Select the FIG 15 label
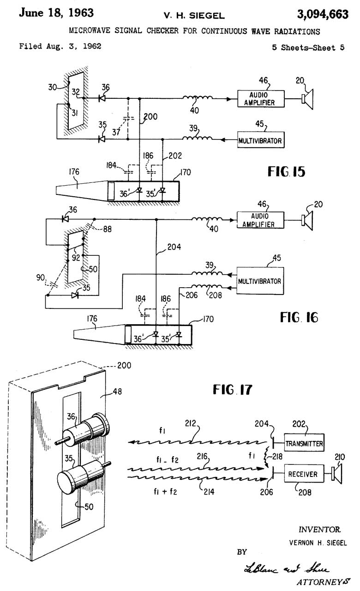pyautogui.click(x=286, y=172)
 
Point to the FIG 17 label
pyautogui.click(x=233, y=390)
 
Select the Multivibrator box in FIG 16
pyautogui.click(x=259, y=281)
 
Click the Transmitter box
pyautogui.click(x=304, y=444)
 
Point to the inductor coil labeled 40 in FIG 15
pyautogui.click(x=197, y=98)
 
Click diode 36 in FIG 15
pyautogui.click(x=102, y=98)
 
